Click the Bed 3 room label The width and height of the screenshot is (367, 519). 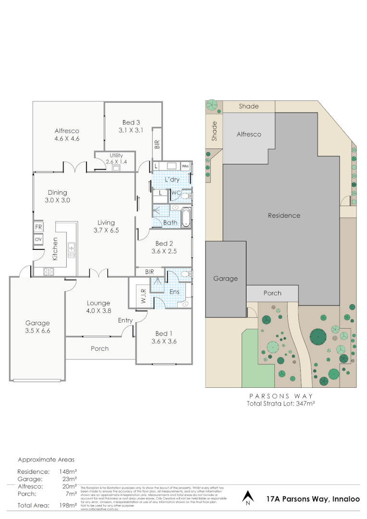point(128,122)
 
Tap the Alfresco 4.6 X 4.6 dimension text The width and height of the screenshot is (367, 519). point(66,138)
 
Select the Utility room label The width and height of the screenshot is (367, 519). point(116,156)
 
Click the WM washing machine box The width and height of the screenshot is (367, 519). point(185,166)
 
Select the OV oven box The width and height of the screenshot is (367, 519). point(37,239)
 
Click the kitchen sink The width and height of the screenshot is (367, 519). point(72,248)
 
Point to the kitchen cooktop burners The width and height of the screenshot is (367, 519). point(49,272)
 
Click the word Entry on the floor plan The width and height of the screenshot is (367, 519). point(125,321)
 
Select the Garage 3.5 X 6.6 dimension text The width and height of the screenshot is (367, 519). point(37,331)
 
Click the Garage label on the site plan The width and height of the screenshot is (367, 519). point(225,279)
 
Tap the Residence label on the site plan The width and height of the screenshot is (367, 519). point(284,216)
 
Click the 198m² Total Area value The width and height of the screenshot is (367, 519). point(68,506)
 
